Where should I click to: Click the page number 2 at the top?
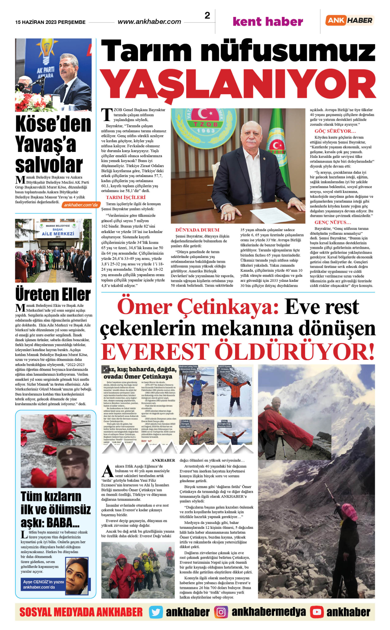click(207, 16)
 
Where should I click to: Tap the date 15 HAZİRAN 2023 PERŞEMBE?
click(50, 22)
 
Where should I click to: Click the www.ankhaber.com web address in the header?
click(149, 22)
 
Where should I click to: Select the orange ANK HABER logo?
click(350, 20)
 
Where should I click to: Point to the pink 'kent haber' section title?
click(268, 22)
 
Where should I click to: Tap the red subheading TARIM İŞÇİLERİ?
click(126, 197)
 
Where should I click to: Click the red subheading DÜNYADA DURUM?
click(197, 230)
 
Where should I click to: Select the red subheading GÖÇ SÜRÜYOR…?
click(335, 131)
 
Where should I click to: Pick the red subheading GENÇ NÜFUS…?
click(333, 222)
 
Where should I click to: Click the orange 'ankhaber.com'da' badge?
click(81, 205)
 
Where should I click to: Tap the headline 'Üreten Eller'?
click(53, 294)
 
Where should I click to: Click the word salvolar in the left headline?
click(49, 165)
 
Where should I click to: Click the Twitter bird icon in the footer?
click(156, 612)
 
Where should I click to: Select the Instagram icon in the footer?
click(221, 612)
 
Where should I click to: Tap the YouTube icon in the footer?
click(317, 612)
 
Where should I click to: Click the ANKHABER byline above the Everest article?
click(163, 460)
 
